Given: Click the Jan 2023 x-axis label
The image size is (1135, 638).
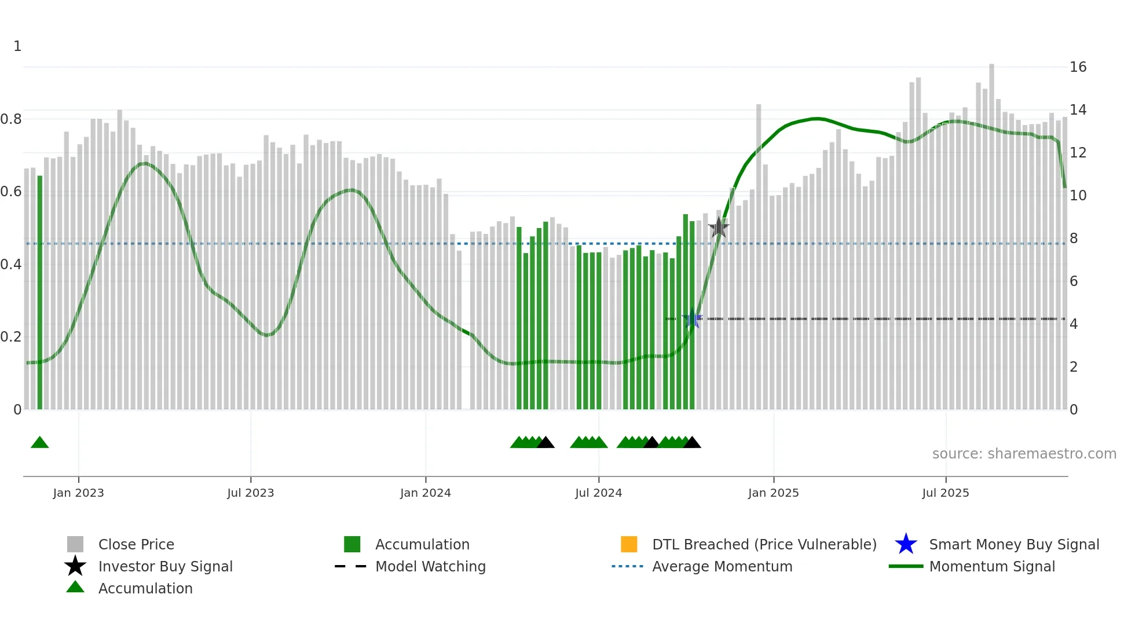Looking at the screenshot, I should coord(78,493).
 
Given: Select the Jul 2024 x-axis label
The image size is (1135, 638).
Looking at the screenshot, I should coord(598,493).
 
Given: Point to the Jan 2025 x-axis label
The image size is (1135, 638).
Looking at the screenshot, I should coord(773,493).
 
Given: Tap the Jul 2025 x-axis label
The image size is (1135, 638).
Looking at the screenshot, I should coord(945,493).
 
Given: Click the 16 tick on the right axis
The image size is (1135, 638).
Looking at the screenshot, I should coord(1078,67).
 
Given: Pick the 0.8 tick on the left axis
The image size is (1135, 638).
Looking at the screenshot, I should coord(12,119).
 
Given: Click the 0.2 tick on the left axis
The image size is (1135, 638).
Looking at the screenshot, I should coord(12,337).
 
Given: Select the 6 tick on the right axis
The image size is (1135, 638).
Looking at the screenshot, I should coord(1074,281).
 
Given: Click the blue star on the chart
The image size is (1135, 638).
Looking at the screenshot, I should coord(692,318).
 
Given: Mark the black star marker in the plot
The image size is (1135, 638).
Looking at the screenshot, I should coord(719,228).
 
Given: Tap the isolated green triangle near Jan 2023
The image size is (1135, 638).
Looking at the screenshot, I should coord(39,443).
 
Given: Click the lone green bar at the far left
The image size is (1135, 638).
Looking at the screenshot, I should coord(40,292).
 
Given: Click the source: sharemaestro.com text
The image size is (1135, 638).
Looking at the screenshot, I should coord(1024,454).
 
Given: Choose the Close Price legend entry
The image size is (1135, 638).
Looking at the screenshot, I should coord(136,544).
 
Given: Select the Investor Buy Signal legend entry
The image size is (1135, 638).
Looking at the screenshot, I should coord(165,566).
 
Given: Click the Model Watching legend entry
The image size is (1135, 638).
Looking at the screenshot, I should coord(430,566).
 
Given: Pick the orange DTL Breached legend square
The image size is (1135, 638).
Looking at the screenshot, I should coord(629,544).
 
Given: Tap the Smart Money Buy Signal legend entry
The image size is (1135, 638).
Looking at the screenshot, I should coord(1013,544).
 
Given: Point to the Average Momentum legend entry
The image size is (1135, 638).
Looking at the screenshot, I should coord(722,566).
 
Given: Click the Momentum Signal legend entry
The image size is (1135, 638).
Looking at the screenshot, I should coord(991,566).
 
